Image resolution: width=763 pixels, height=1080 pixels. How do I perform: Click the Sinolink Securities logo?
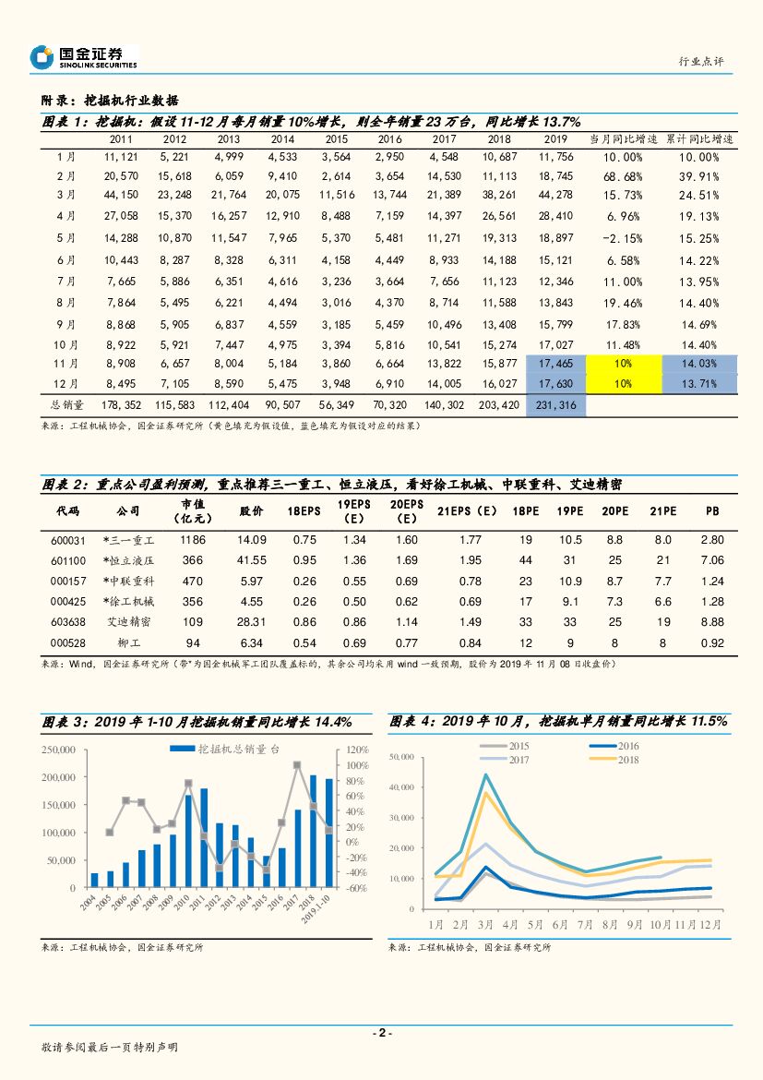83,57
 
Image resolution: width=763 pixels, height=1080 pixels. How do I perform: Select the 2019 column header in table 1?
554,139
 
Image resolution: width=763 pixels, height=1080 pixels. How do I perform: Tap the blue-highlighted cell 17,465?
554,365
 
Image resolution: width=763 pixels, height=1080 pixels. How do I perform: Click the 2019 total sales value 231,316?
554,404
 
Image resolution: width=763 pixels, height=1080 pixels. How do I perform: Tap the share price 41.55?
252,560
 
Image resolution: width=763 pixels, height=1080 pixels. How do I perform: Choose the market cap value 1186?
193,540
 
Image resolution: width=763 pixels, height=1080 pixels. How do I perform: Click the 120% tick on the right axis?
358,750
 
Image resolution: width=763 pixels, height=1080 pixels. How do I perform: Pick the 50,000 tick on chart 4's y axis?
402,758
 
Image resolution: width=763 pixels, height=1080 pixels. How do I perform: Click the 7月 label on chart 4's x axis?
584,924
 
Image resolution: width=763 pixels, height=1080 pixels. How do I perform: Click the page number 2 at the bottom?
382,1033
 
